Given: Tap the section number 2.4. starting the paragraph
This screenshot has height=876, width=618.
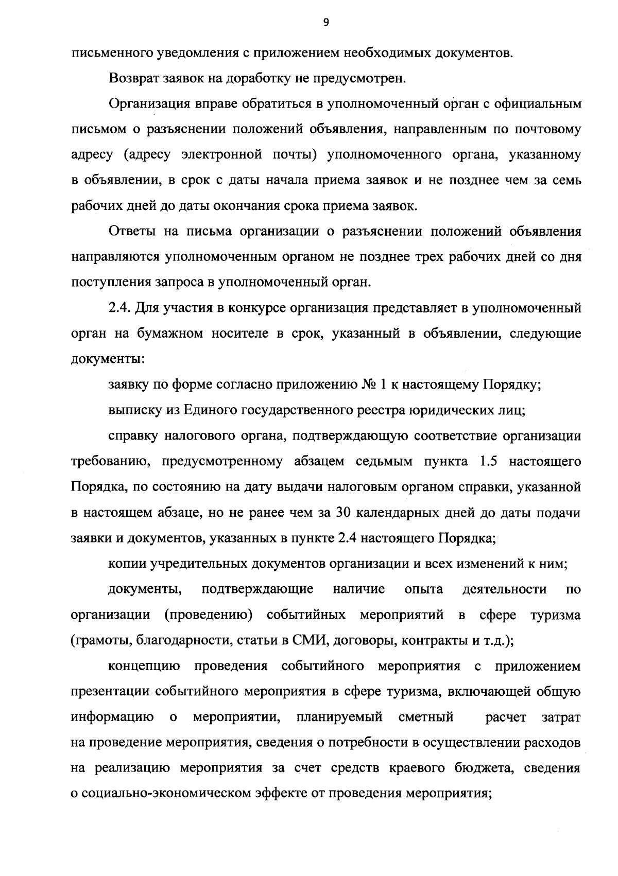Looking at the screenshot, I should pyautogui.click(x=121, y=308).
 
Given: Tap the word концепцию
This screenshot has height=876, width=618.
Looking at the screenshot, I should pyautogui.click(x=144, y=667).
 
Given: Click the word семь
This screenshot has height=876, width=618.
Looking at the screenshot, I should pyautogui.click(x=566, y=181).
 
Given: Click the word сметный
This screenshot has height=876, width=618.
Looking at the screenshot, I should pyautogui.click(x=426, y=717).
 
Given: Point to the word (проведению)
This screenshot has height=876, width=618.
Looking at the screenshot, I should pyautogui.click(x=209, y=616).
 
